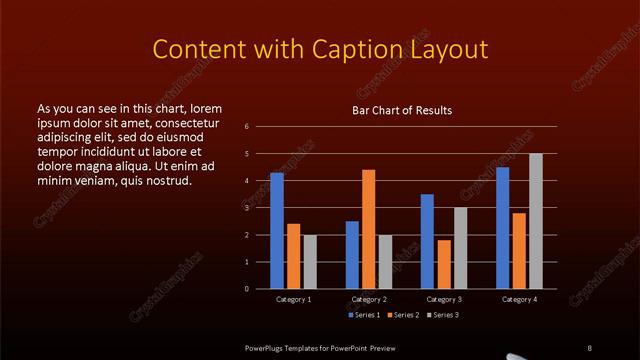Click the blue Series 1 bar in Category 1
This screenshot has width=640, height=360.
click(x=277, y=231)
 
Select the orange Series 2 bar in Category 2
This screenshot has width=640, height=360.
click(x=368, y=229)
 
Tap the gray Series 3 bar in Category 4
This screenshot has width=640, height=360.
click(x=535, y=221)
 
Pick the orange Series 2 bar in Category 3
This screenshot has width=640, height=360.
click(x=443, y=264)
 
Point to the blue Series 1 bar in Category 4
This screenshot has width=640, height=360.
click(x=502, y=228)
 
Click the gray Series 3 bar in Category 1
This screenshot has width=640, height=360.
click(x=309, y=262)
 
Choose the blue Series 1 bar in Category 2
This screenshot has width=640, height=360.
click(x=352, y=255)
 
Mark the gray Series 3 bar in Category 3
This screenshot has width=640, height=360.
click(x=460, y=248)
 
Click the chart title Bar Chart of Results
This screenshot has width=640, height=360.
click(x=402, y=110)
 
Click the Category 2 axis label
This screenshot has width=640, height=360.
click(x=369, y=299)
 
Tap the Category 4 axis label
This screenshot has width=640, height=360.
click(x=519, y=299)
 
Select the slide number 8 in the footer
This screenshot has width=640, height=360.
click(x=588, y=346)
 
